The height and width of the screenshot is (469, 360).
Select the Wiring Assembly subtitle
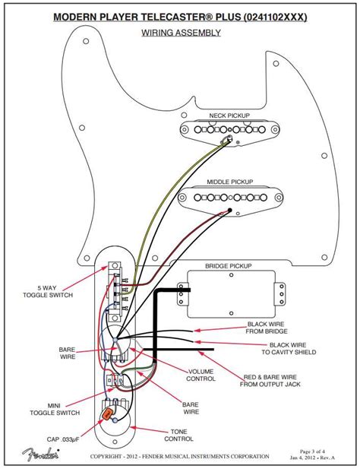(181, 33)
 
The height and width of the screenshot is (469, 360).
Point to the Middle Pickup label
(229, 182)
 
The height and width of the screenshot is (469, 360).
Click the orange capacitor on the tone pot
(112, 415)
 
